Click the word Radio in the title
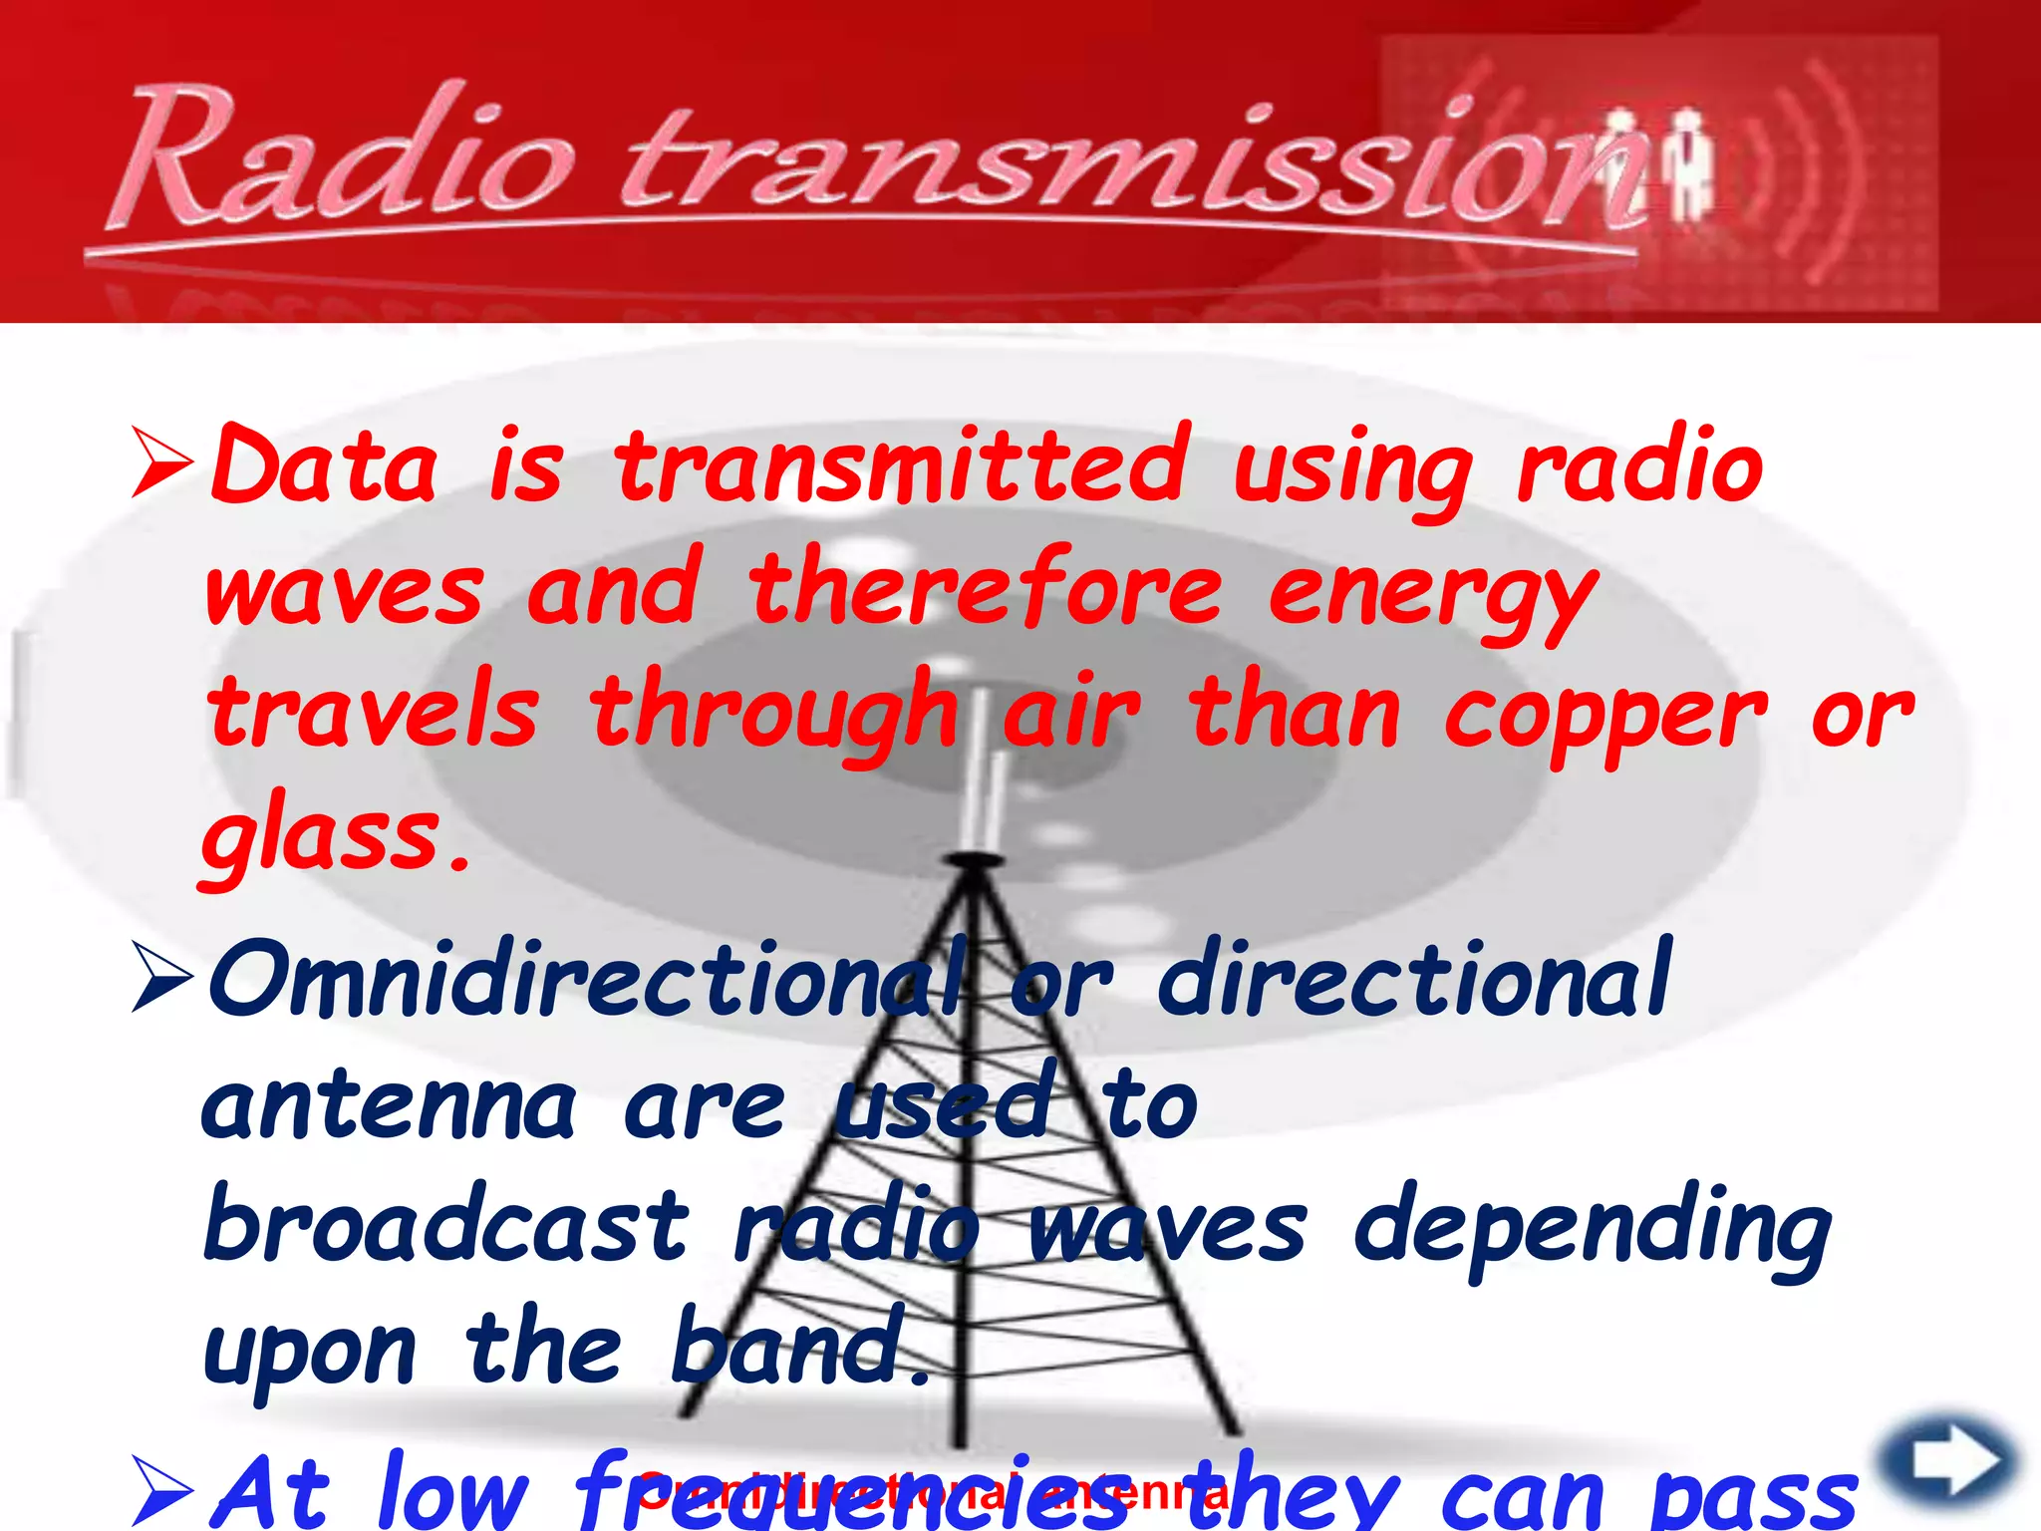pos(344,159)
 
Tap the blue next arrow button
pos(1948,1461)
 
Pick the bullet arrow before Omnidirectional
pos(162,980)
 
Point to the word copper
pos(1604,713)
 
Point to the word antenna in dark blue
pos(389,1106)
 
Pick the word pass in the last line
pos(1754,1500)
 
